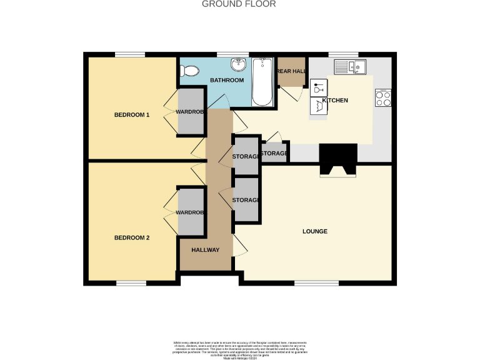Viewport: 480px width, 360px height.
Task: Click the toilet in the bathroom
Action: [187, 72]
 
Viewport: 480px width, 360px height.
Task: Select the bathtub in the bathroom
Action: [261, 82]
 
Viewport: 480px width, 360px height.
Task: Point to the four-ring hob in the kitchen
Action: [382, 97]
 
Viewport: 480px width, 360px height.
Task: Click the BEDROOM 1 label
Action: [131, 115]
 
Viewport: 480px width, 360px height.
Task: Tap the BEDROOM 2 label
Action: [131, 237]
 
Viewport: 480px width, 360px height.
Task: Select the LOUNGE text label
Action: [315, 231]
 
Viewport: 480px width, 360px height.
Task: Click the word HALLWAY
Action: [205, 250]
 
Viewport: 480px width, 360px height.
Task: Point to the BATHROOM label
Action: [226, 81]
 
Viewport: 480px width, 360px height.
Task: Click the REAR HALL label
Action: [291, 72]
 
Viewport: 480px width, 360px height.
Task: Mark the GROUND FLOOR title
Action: [231, 4]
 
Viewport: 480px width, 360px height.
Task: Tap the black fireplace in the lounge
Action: [338, 159]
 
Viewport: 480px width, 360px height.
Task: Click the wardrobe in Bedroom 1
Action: [191, 112]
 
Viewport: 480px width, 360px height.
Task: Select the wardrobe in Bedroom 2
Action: [191, 212]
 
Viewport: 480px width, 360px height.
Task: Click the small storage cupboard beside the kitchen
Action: [274, 153]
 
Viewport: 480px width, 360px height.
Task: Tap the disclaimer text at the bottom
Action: [240, 349]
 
